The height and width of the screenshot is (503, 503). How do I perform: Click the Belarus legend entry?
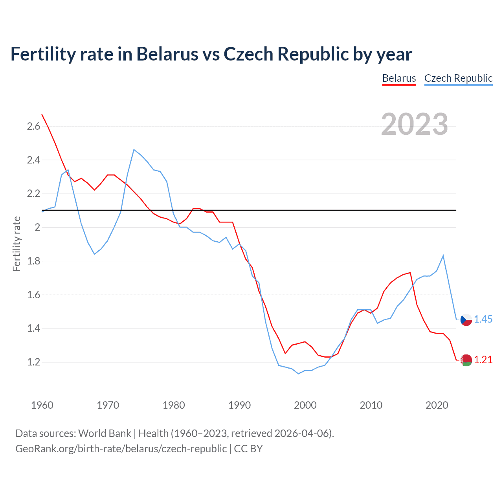pos(399,78)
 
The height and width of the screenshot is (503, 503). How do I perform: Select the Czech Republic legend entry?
pos(458,78)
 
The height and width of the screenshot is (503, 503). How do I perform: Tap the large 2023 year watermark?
pos(414,124)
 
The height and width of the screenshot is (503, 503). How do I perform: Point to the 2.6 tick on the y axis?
pos(33,126)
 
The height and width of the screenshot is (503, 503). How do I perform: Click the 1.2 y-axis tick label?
pos(33,362)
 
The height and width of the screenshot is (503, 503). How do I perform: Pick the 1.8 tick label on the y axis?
pos(33,261)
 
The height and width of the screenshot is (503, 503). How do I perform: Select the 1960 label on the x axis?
pos(42,405)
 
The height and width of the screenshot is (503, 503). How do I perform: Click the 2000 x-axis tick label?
pos(305,405)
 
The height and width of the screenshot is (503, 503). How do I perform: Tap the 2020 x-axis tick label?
pos(437,405)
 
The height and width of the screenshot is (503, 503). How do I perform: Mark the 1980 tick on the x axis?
pos(174,405)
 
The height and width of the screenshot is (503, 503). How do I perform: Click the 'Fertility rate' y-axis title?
pos(17,244)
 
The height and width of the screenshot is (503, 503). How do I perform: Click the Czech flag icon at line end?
pos(466,320)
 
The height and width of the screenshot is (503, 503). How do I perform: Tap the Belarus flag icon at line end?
pos(466,360)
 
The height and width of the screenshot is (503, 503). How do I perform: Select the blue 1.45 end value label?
pos(483,319)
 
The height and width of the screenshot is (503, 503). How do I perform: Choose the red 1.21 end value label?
pos(483,360)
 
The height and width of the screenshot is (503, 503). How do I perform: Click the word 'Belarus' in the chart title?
pos(167,54)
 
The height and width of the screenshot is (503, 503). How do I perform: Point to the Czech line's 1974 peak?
pos(134,149)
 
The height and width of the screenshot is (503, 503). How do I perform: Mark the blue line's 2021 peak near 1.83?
pos(443,256)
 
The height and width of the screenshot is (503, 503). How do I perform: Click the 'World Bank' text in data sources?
pos(105,433)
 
